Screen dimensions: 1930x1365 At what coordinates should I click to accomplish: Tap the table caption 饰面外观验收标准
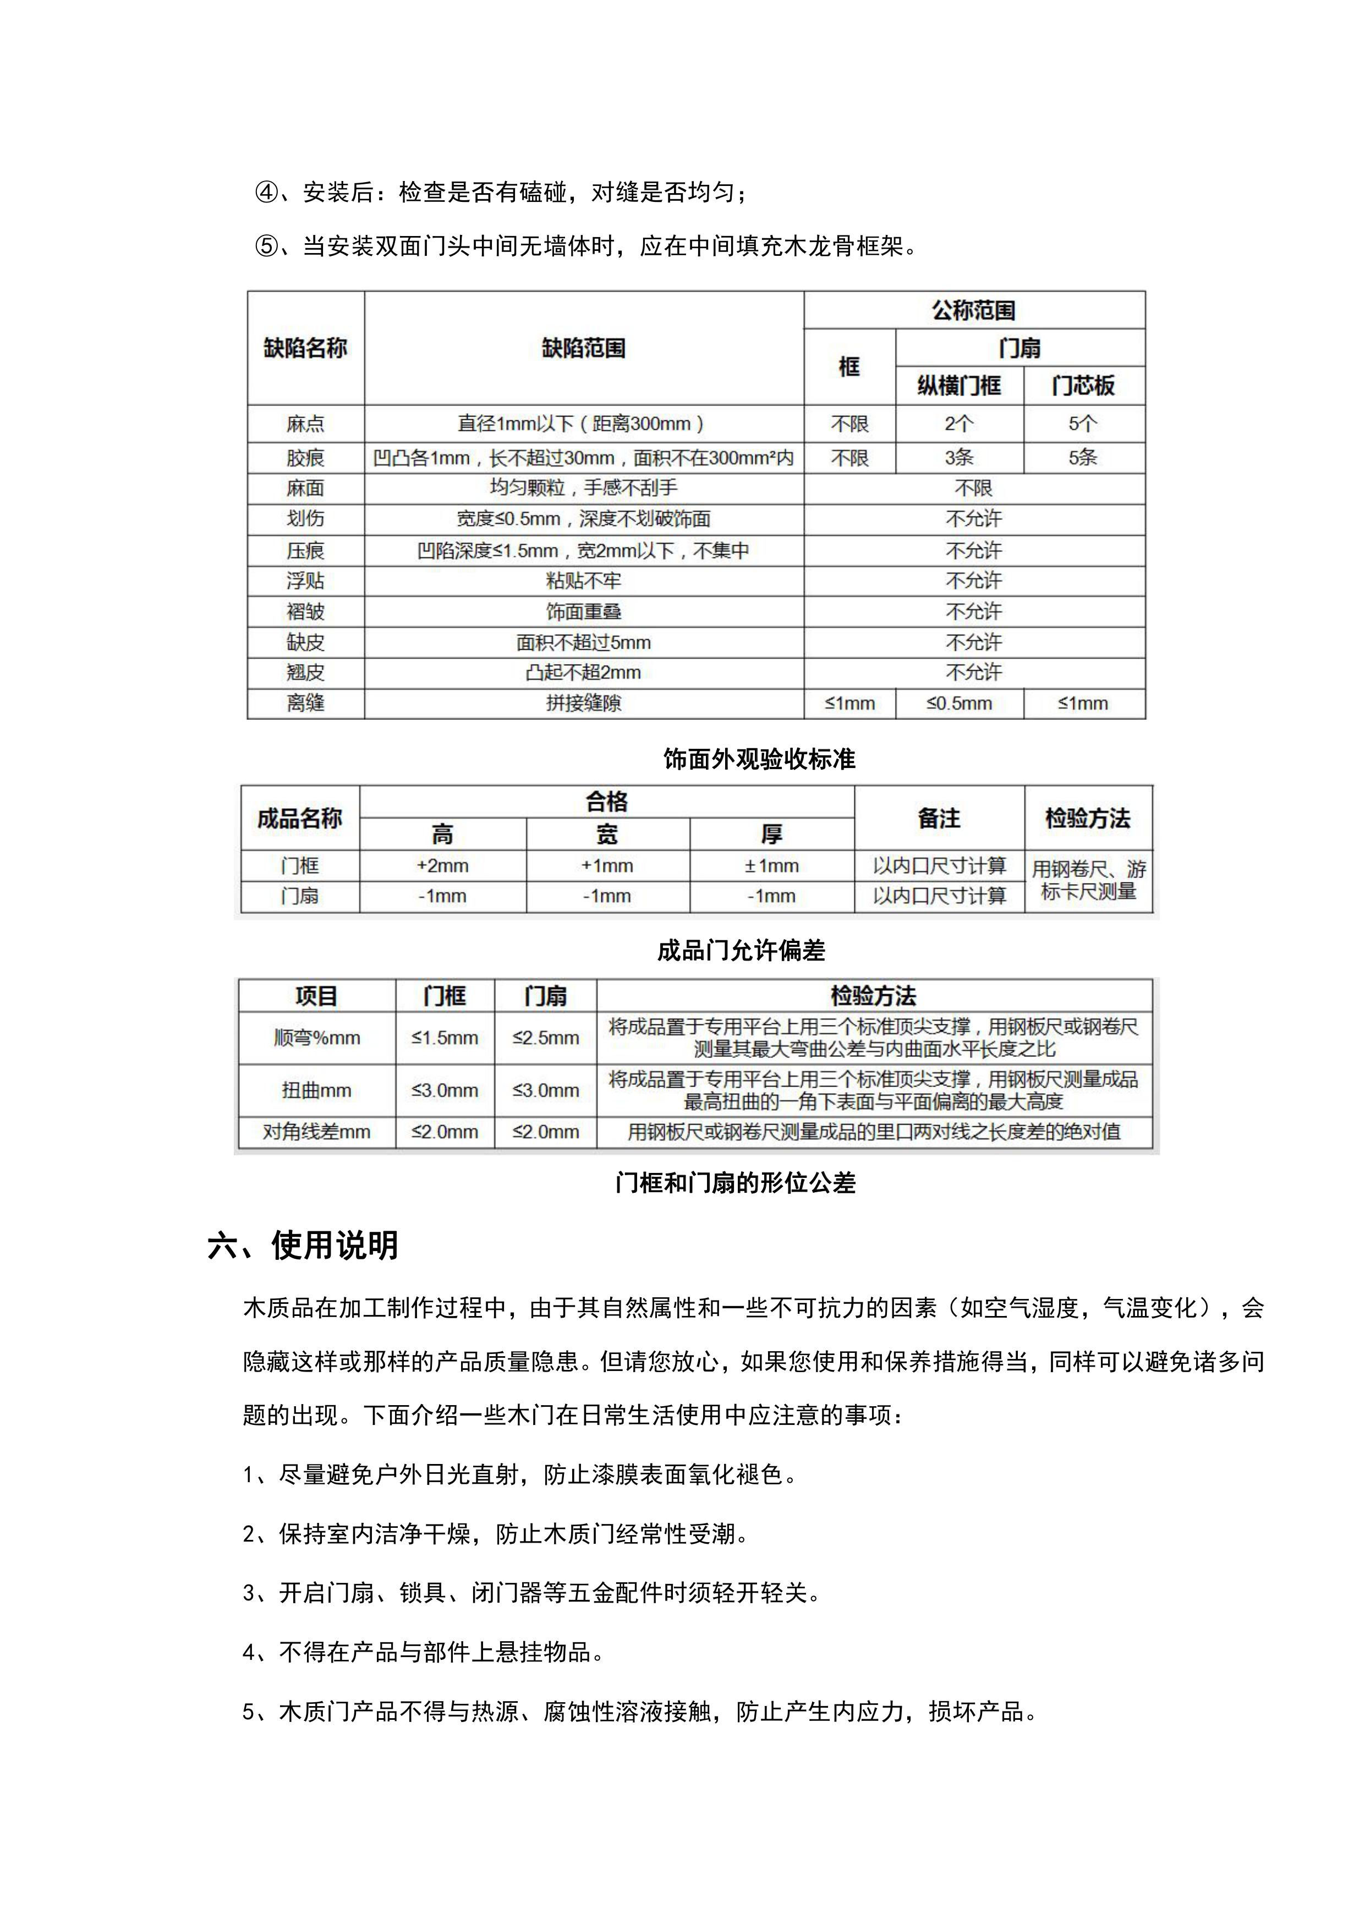[x=759, y=759]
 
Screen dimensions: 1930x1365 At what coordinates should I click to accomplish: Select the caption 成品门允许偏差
[x=741, y=951]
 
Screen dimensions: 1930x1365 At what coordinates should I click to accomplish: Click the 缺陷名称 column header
[x=305, y=348]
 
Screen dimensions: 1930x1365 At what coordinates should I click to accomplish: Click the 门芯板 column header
[x=1083, y=386]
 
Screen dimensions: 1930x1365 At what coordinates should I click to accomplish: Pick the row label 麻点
[x=305, y=424]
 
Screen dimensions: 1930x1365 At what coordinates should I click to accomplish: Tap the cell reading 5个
[x=1083, y=424]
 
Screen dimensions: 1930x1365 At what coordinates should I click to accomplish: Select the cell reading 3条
[x=958, y=458]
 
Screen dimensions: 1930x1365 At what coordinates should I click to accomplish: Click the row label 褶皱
[x=305, y=612]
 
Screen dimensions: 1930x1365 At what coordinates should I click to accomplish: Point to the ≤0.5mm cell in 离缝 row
[x=958, y=704]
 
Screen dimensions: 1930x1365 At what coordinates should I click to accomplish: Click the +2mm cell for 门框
[x=442, y=866]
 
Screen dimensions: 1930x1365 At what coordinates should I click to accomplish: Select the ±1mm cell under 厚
[x=771, y=866]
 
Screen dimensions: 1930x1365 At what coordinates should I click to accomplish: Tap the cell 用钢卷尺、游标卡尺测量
[x=1088, y=880]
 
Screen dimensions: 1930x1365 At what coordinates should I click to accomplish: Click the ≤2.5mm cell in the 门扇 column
[x=545, y=1038]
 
